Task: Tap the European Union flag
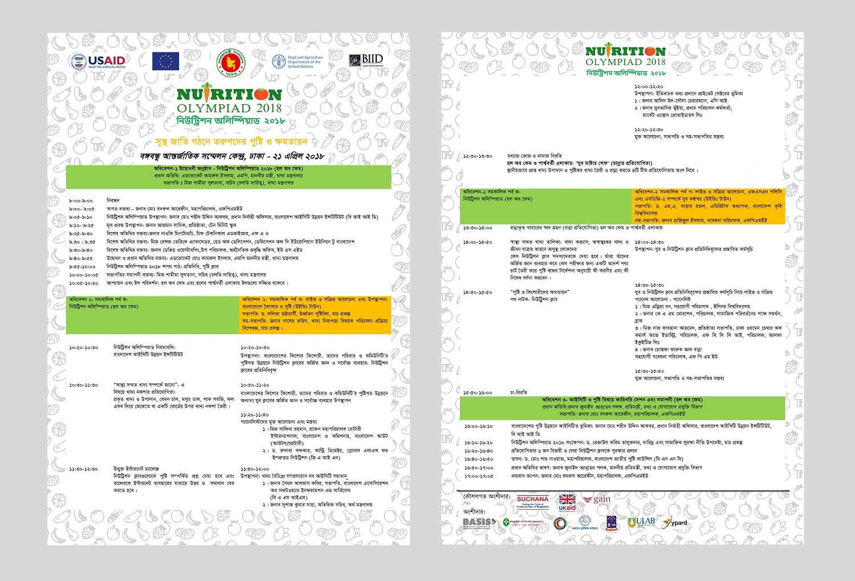165,61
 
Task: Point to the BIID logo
366,60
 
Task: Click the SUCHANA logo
532,502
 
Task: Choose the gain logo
601,500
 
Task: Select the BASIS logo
477,522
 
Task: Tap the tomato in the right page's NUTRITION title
654,51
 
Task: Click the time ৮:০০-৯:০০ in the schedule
81,201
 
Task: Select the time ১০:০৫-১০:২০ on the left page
83,283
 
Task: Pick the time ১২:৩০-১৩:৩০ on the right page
478,156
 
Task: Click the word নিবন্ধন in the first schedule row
113,201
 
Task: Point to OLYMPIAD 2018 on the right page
625,62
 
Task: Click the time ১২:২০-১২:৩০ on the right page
649,129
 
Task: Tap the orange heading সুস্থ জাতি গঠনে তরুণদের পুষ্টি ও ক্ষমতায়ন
231,141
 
